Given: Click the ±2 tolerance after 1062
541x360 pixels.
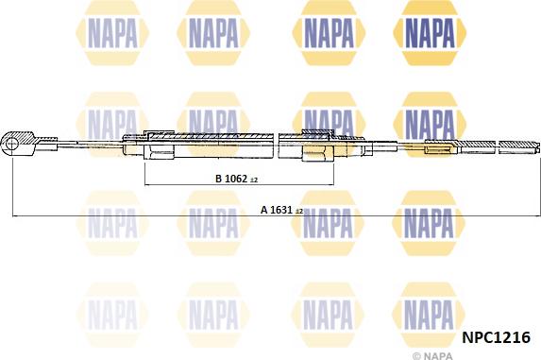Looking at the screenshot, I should coord(254,179).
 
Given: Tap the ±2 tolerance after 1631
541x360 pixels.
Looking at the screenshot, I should coord(299,213).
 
